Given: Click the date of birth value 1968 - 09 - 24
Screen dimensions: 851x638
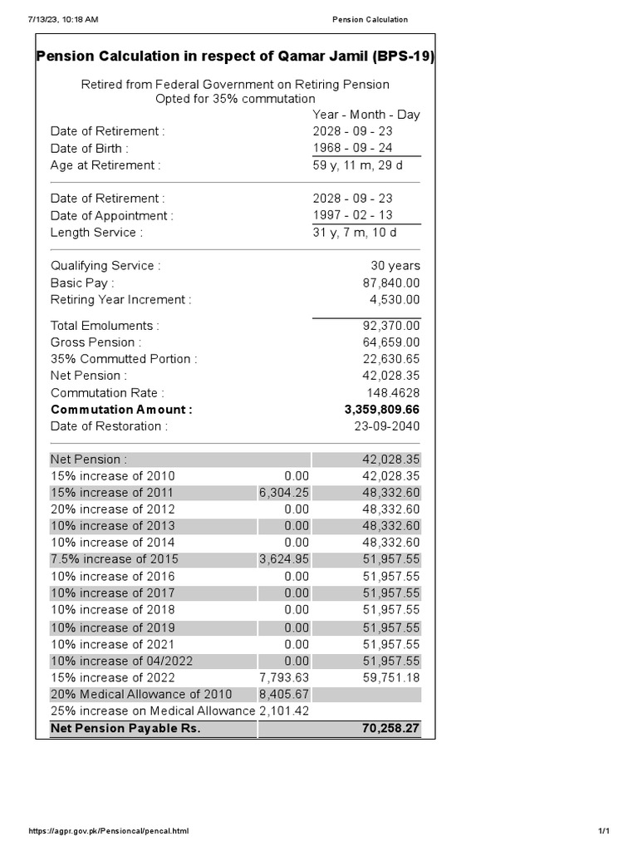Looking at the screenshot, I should (352, 148).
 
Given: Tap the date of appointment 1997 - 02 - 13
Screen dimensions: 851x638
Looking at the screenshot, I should (352, 215).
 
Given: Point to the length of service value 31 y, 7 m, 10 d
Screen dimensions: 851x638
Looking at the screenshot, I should (355, 233).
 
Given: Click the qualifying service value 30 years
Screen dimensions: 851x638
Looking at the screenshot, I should (395, 266).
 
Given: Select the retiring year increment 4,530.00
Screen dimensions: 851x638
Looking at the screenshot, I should (394, 299).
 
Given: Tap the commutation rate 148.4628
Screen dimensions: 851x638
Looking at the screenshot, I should (393, 392).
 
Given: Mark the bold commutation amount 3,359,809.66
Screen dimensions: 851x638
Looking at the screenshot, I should (381, 410).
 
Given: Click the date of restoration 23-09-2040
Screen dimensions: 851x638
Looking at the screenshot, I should (386, 426).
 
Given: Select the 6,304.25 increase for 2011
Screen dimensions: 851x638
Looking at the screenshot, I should (284, 493).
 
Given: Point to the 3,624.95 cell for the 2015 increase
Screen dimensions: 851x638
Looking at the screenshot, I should (284, 559).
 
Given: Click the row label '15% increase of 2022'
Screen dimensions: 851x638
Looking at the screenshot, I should (112, 677).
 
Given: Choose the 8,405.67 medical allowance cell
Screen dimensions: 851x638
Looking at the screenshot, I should (284, 694).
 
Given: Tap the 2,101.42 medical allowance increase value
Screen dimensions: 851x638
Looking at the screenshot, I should (284, 711).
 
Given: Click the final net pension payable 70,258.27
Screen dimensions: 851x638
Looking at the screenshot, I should (390, 729).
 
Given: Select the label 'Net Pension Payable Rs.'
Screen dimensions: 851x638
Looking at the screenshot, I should (125, 729).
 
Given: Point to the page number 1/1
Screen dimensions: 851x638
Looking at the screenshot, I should (603, 831).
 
